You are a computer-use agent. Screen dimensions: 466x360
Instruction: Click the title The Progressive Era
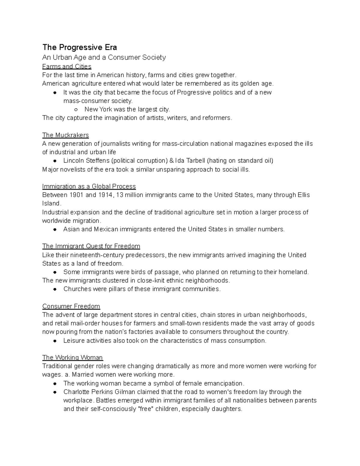[x=79, y=47]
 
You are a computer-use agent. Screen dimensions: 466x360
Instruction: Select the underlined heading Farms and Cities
[x=67, y=66]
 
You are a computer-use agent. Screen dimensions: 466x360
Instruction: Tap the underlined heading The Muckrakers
[x=65, y=135]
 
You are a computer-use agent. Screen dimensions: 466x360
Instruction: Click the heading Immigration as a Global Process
[x=89, y=186]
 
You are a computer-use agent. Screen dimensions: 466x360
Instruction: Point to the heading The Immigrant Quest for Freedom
[x=91, y=246]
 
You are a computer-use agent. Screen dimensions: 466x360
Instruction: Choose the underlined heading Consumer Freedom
[x=71, y=306]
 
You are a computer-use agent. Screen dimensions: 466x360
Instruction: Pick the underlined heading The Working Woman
[x=72, y=358]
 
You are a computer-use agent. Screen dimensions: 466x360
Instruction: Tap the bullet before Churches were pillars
[x=55, y=289]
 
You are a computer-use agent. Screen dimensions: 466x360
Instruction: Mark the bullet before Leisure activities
[x=55, y=341]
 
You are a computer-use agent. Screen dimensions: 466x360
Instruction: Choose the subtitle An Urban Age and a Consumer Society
[x=104, y=57]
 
